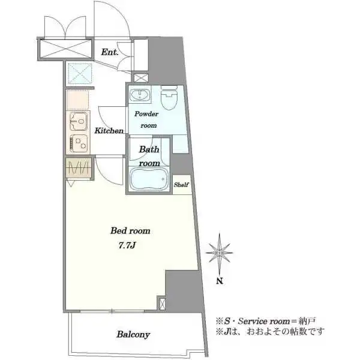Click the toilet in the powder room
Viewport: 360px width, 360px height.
[x=169, y=98]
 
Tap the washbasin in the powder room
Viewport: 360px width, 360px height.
[x=140, y=95]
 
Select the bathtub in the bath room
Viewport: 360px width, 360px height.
[x=149, y=179]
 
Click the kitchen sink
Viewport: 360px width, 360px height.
[x=79, y=121]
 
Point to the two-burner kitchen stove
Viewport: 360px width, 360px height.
[x=79, y=143]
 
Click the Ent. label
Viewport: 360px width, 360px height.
[x=110, y=52]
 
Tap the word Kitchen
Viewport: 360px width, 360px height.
[x=109, y=131]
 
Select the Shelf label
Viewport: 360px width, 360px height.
[x=181, y=185]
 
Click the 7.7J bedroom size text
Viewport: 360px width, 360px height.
[x=127, y=245]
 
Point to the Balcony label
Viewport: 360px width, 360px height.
[x=133, y=334]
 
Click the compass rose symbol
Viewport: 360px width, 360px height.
[x=219, y=253]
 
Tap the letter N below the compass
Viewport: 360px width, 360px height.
[x=220, y=281]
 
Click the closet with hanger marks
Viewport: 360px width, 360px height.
[x=79, y=168]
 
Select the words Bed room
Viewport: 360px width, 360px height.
[x=130, y=231]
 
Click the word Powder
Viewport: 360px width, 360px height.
[x=146, y=114]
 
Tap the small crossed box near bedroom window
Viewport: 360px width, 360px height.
[x=161, y=304]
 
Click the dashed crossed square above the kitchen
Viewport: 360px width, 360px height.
[x=80, y=74]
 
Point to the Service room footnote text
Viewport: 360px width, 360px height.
[x=266, y=321]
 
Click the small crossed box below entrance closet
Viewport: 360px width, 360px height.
[x=140, y=77]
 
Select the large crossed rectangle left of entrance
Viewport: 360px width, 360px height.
[x=65, y=49]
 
